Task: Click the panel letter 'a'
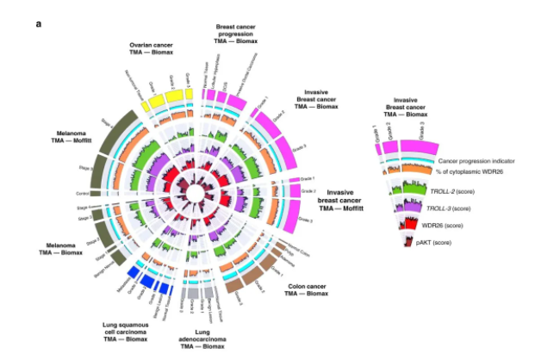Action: click(x=38, y=23)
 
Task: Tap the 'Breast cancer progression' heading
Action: click(x=239, y=35)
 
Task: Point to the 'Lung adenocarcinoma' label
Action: click(x=206, y=332)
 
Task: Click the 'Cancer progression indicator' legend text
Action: click(x=478, y=160)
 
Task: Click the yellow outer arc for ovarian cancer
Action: click(x=159, y=100)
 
